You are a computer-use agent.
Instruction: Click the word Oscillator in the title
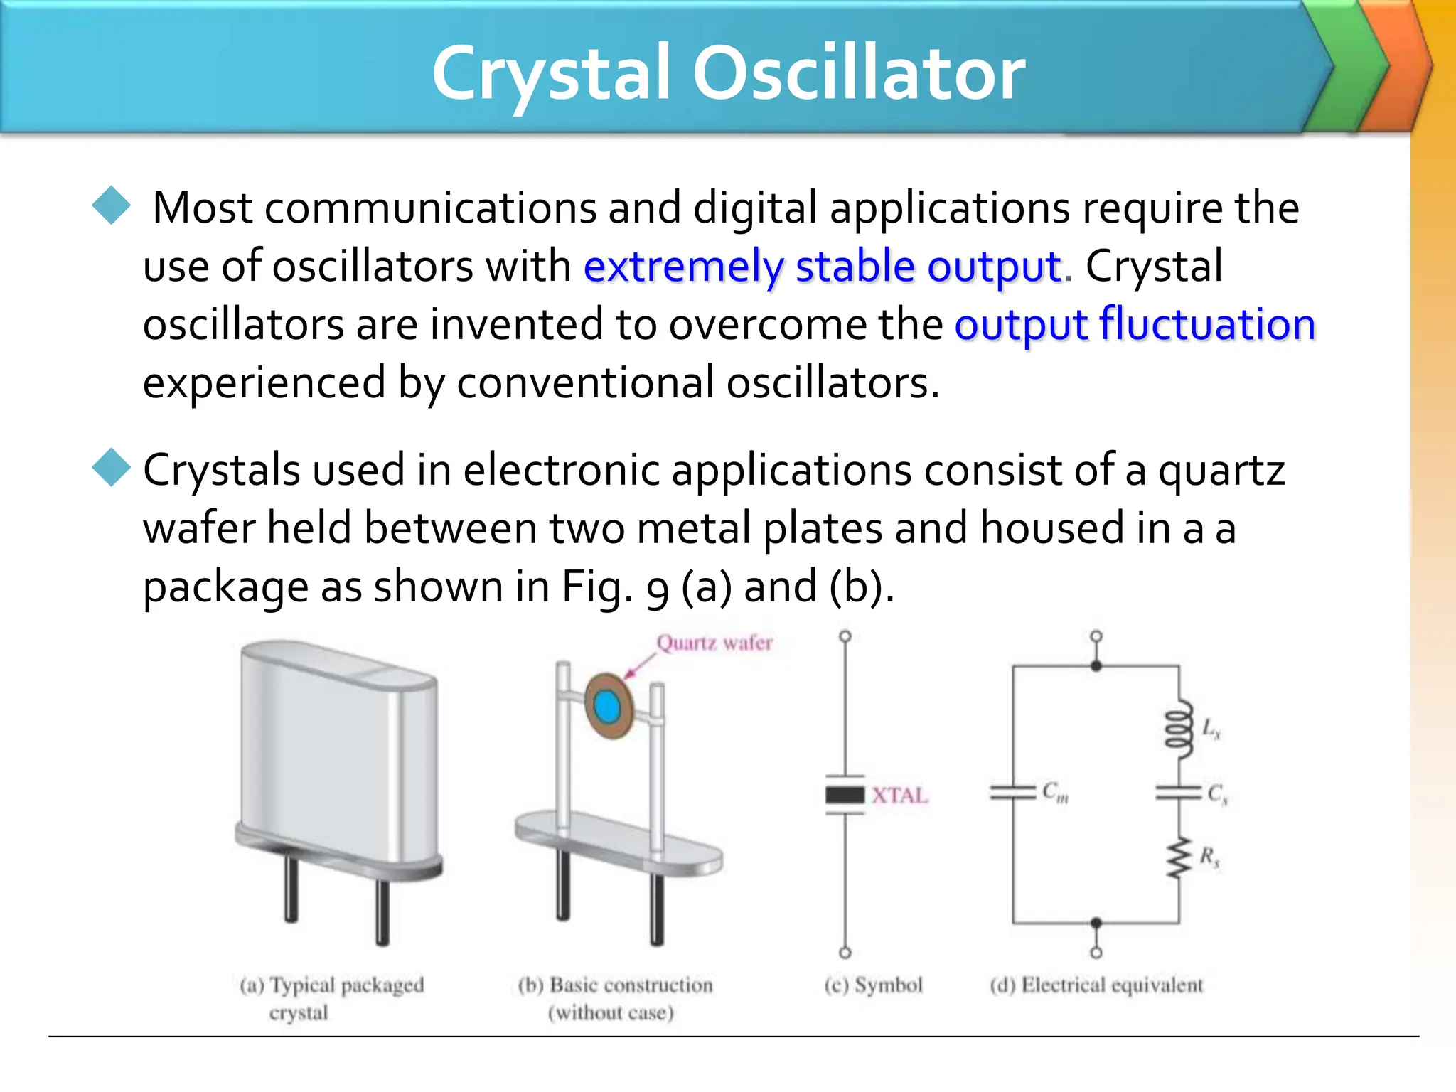click(x=858, y=73)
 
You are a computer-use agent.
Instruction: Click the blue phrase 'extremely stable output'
click(x=823, y=267)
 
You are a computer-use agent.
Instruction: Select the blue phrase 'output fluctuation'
click(x=1135, y=325)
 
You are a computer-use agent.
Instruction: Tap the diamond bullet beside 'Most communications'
click(x=112, y=205)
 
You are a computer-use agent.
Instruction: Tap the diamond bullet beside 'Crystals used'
click(x=112, y=467)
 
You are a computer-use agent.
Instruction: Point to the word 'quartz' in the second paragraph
click(x=1221, y=471)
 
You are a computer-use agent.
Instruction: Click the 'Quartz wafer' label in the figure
click(x=714, y=643)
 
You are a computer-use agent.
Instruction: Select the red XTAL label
click(x=900, y=795)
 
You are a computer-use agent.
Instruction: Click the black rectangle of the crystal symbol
click(x=845, y=794)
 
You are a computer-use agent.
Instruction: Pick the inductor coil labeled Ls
click(x=1178, y=727)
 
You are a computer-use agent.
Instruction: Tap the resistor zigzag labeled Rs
click(x=1178, y=858)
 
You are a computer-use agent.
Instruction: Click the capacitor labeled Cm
click(x=1013, y=793)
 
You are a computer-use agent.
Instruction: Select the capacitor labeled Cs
click(x=1178, y=793)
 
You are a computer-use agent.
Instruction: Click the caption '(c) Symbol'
click(x=873, y=985)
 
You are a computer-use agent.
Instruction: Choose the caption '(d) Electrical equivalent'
click(x=1096, y=985)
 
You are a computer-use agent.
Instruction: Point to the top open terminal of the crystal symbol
click(x=845, y=636)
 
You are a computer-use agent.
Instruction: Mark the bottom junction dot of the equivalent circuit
click(x=1096, y=923)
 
